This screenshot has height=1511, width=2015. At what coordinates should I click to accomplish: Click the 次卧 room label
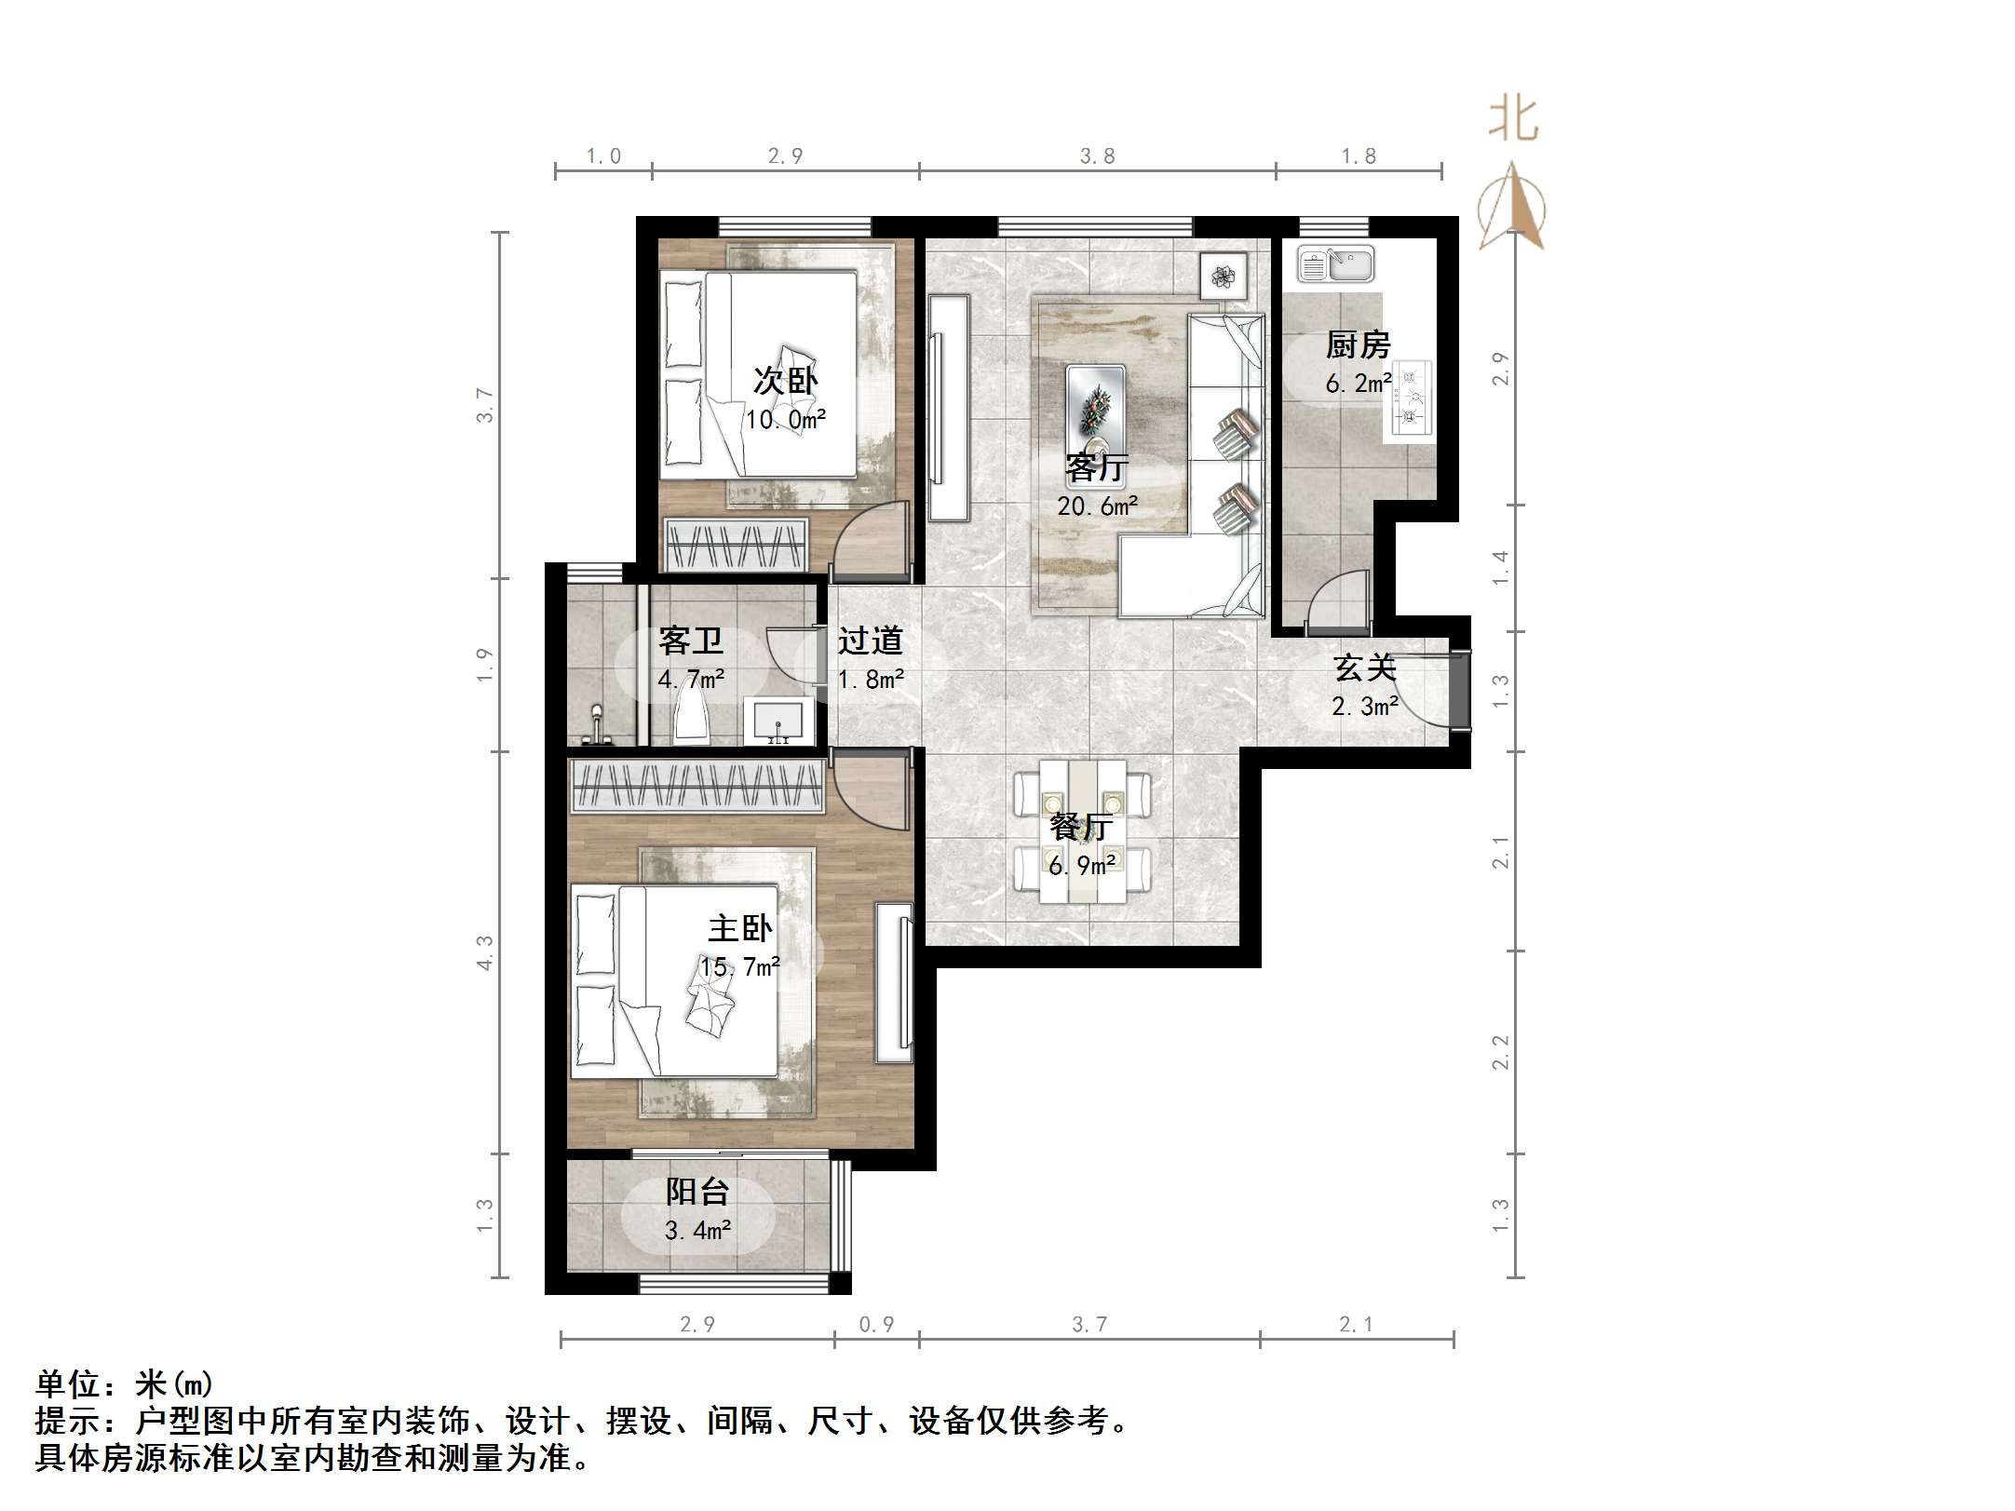click(x=785, y=381)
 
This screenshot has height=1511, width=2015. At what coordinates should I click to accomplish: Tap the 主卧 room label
click(x=740, y=928)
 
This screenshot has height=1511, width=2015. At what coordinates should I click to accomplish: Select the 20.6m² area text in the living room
click(x=1097, y=506)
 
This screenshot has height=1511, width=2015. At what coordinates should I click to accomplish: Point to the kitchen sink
click(x=1335, y=264)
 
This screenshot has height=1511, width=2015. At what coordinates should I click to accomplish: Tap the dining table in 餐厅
click(x=1082, y=831)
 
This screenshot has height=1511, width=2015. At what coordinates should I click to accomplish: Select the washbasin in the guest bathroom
click(x=779, y=721)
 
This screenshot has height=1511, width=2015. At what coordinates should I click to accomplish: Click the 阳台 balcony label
click(x=696, y=1191)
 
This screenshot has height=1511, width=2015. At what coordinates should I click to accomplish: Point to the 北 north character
click(x=1512, y=120)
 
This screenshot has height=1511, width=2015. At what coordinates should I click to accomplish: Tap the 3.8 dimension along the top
click(x=1097, y=155)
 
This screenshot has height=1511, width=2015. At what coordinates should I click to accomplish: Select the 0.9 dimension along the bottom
click(x=875, y=1324)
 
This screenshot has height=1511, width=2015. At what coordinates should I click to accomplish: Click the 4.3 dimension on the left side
click(x=484, y=952)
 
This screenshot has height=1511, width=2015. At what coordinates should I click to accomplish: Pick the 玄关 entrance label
click(x=1365, y=668)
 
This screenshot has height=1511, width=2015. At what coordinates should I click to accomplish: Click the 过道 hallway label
click(x=870, y=641)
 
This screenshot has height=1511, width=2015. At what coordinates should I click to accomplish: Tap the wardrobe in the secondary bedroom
click(x=736, y=545)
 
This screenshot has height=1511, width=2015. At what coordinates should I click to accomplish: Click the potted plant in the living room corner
click(x=1223, y=276)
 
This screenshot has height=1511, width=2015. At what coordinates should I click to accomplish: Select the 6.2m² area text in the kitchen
click(x=1359, y=383)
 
